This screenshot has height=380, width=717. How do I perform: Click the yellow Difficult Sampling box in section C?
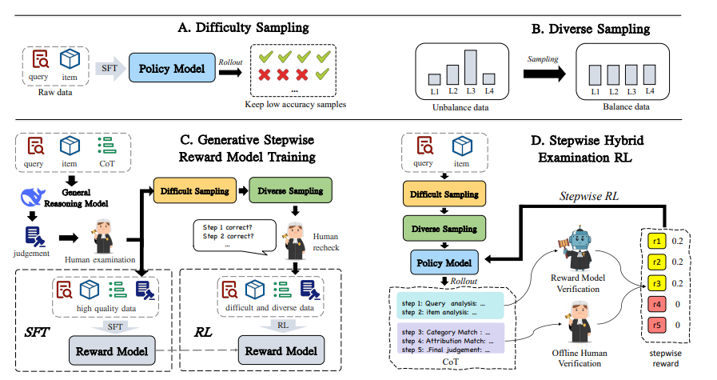coord(191,191)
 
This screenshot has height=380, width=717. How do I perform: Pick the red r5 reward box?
coord(656,325)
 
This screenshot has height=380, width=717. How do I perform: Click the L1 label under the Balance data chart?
coord(594,93)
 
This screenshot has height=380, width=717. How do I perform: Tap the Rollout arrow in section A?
coord(230,71)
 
